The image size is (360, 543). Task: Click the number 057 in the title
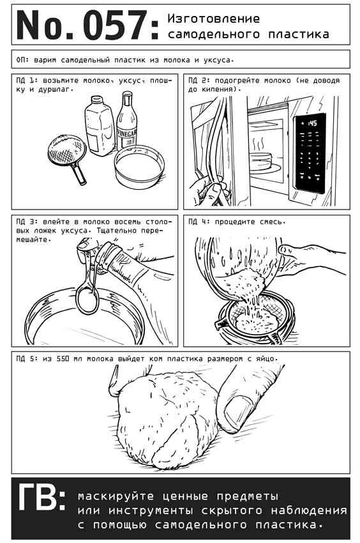click(x=116, y=26)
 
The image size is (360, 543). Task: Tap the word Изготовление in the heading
click(x=213, y=19)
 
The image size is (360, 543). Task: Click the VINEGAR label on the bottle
click(x=126, y=134)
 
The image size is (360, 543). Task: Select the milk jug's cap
click(x=96, y=100)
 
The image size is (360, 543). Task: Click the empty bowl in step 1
click(x=140, y=167)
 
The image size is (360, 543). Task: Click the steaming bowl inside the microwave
click(x=260, y=161)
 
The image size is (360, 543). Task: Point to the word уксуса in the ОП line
click(x=217, y=60)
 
